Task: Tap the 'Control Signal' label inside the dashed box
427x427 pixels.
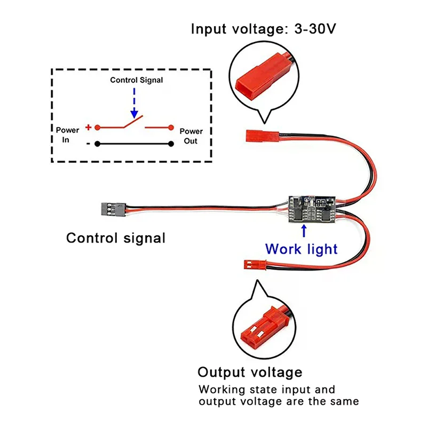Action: [137, 80]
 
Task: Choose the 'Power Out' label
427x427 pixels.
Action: [191, 136]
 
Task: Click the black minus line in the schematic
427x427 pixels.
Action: [134, 144]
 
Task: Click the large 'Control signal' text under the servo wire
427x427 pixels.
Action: [116, 238]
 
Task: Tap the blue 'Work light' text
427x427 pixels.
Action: [302, 249]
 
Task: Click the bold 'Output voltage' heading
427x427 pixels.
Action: [250, 372]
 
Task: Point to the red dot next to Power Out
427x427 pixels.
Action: [171, 128]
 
